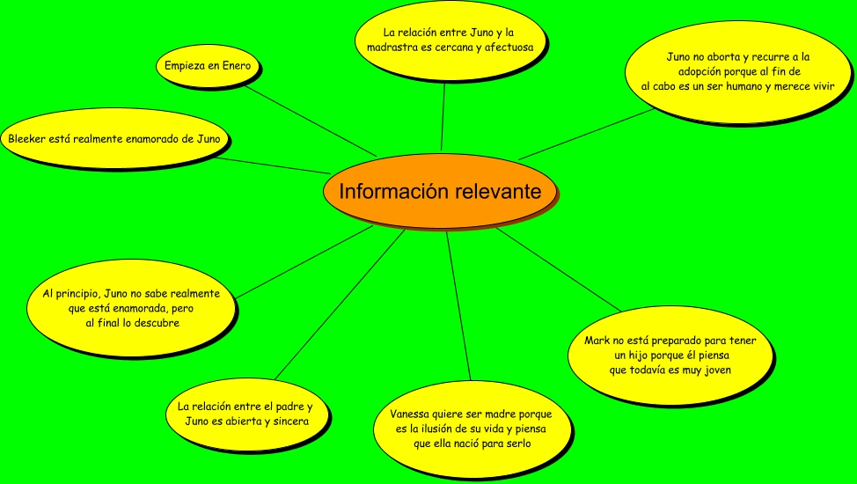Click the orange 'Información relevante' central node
[x=440, y=191]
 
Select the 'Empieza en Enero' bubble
[x=208, y=66]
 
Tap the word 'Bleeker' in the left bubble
[x=28, y=138]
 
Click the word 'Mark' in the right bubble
[x=598, y=340]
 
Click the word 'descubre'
[x=157, y=323]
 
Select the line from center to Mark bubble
[x=559, y=270]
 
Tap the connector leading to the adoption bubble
[x=585, y=135]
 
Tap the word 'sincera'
[x=285, y=422]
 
